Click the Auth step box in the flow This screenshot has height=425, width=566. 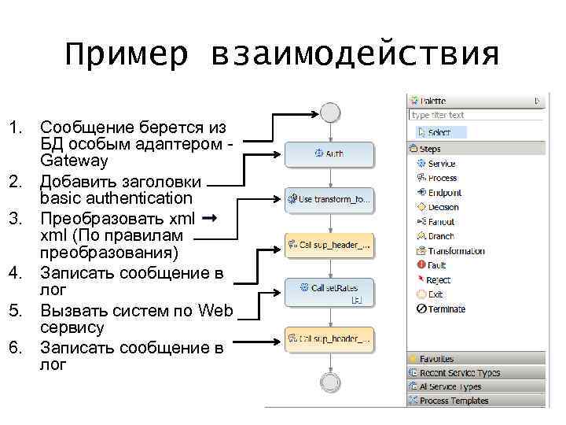329,153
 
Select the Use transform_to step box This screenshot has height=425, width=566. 329,200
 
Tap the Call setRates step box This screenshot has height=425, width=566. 329,289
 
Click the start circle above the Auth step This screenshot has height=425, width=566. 329,112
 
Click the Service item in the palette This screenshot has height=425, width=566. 441,164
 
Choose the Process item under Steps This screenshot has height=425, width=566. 442,178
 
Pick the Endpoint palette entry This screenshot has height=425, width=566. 444,193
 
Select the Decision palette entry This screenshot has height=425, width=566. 443,207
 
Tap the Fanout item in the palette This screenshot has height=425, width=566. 441,222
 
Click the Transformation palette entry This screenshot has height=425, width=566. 456,251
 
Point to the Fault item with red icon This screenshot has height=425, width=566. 437,265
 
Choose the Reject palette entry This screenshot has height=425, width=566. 439,280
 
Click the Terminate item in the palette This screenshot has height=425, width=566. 446,309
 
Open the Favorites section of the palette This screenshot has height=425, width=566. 436,359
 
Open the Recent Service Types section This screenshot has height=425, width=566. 459,373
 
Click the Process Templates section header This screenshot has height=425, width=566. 454,401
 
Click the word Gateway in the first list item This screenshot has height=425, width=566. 74,161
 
